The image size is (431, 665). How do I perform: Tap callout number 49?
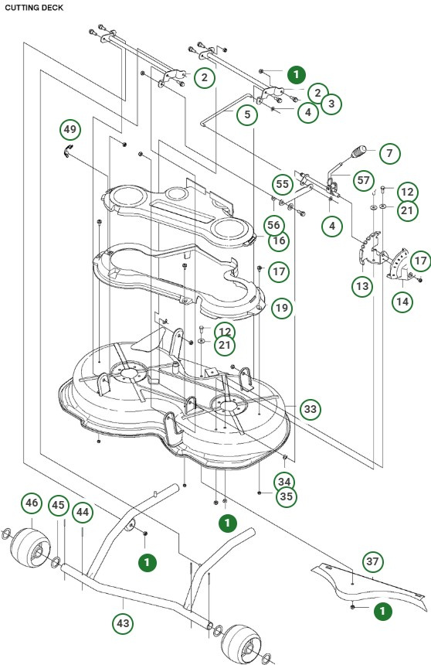(70, 128)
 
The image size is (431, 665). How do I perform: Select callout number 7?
(389, 153)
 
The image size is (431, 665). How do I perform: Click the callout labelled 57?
(362, 179)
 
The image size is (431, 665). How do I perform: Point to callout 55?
(283, 186)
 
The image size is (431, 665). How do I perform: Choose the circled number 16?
(279, 241)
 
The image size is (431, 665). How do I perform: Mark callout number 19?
(282, 308)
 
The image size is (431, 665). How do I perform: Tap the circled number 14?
(401, 302)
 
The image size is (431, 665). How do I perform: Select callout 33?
(311, 409)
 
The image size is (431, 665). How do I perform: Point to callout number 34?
(284, 481)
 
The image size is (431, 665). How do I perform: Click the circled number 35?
(286, 496)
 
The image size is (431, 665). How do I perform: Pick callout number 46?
(31, 503)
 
